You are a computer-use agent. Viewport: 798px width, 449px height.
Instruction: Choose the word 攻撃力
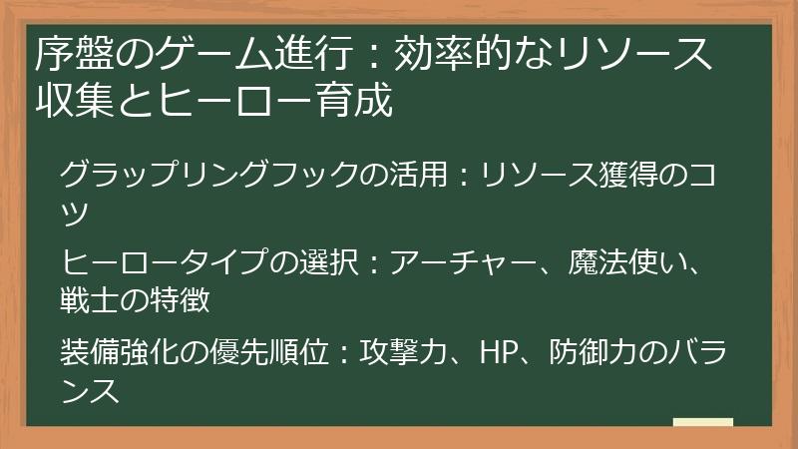(400, 353)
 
